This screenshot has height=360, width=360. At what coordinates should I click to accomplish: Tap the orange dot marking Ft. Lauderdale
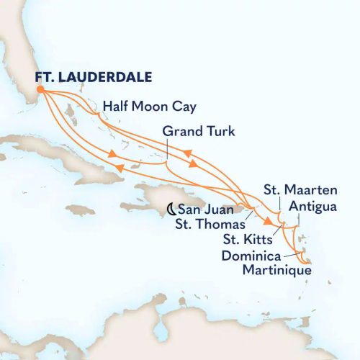coord(40,89)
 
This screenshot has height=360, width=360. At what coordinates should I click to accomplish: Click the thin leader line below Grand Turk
coord(168,150)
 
